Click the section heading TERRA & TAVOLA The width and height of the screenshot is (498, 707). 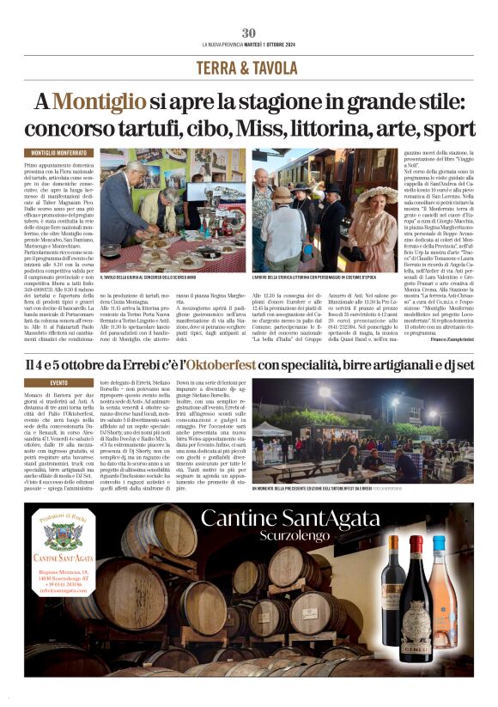[248, 68]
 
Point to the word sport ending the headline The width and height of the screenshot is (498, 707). [446, 129]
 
